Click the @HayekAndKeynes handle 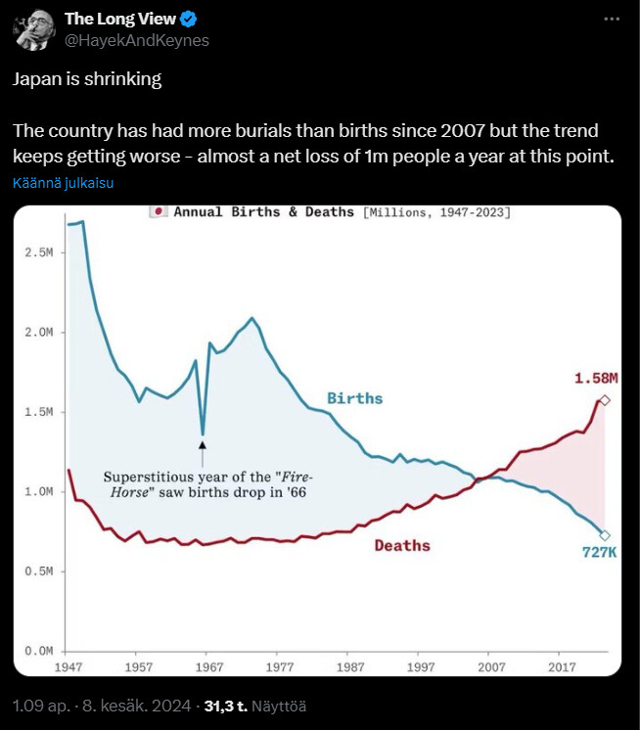[x=137, y=40]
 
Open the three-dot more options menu [x=612, y=20]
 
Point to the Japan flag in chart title [x=157, y=211]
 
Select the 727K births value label [x=600, y=553]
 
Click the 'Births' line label [x=354, y=398]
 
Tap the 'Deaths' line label [x=402, y=545]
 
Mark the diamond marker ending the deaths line [x=605, y=400]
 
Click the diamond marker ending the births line [x=605, y=535]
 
